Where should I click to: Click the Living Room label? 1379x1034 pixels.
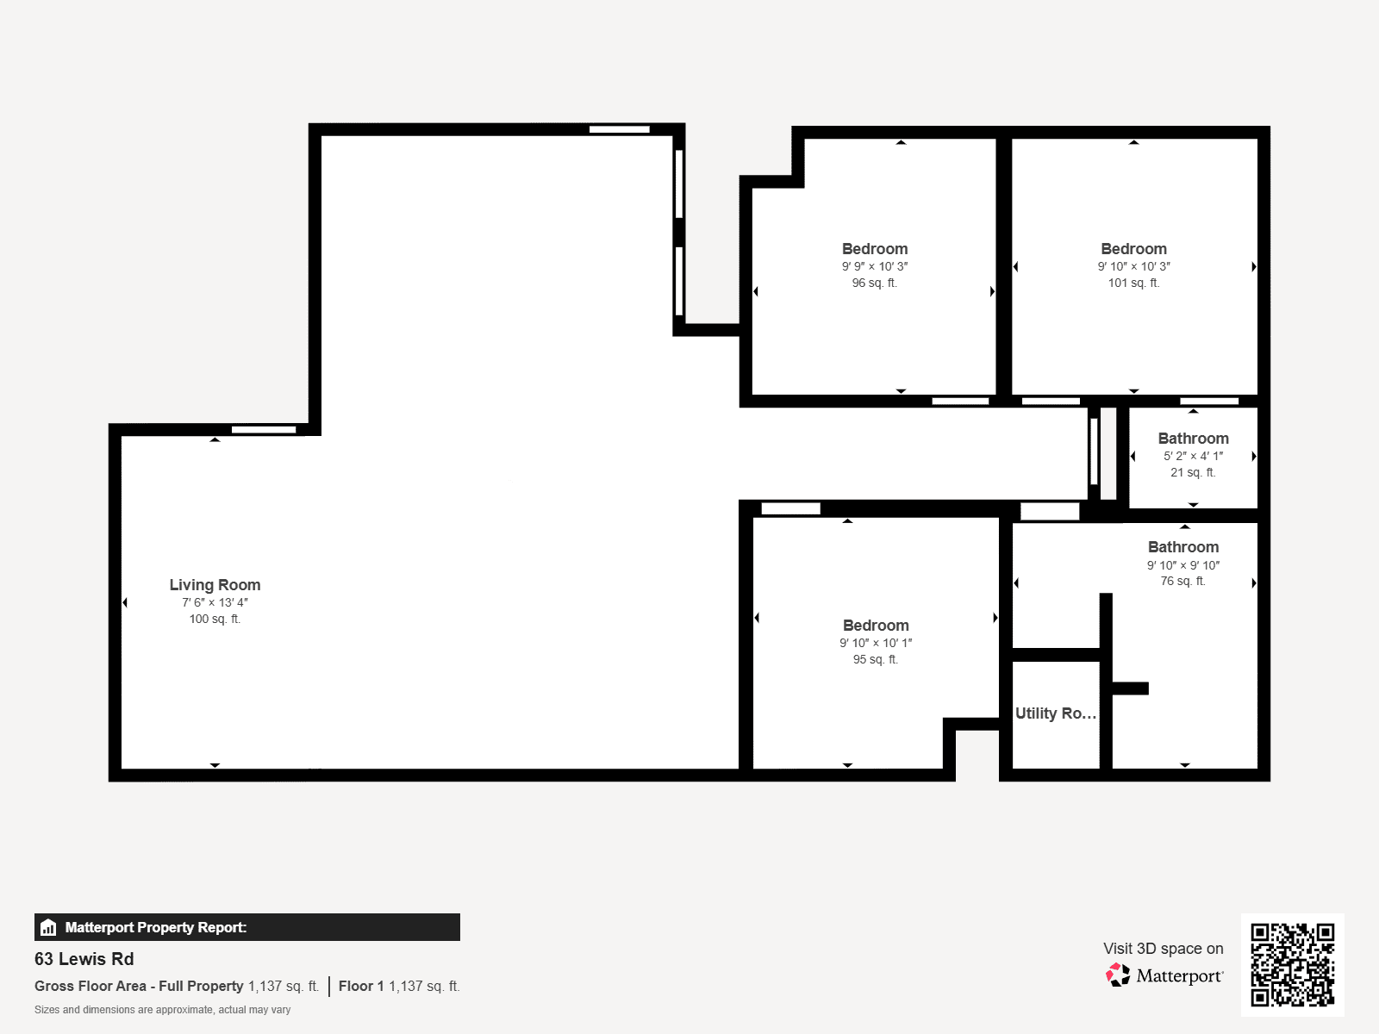point(215,585)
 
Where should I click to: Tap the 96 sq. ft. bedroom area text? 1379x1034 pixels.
point(875,283)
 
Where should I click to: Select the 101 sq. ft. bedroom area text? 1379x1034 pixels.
point(1133,283)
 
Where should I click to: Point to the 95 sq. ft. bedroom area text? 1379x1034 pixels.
point(875,660)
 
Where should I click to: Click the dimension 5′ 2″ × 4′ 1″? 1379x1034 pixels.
point(1193,457)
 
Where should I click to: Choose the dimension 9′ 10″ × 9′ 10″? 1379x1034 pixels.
point(1183,565)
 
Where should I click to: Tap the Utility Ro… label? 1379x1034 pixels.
point(1056,713)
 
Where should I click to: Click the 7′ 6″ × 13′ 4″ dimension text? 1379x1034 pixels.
point(215,602)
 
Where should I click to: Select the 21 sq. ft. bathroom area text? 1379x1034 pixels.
point(1193,473)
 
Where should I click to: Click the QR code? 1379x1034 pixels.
point(1292,964)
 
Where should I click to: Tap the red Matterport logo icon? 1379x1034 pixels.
point(1118,975)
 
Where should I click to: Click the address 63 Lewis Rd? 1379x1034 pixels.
point(84,959)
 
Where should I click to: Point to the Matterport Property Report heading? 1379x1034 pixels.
point(156,927)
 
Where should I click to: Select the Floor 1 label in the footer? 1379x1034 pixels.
point(361,987)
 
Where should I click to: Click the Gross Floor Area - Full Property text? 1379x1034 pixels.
point(139,987)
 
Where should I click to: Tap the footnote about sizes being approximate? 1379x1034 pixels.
point(162,1010)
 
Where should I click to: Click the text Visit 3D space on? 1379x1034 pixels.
point(1163,949)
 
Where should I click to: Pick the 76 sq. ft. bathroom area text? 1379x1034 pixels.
point(1183,582)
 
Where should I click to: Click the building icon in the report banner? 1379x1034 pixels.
point(48,927)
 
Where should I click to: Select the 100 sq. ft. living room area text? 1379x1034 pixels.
point(215,619)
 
